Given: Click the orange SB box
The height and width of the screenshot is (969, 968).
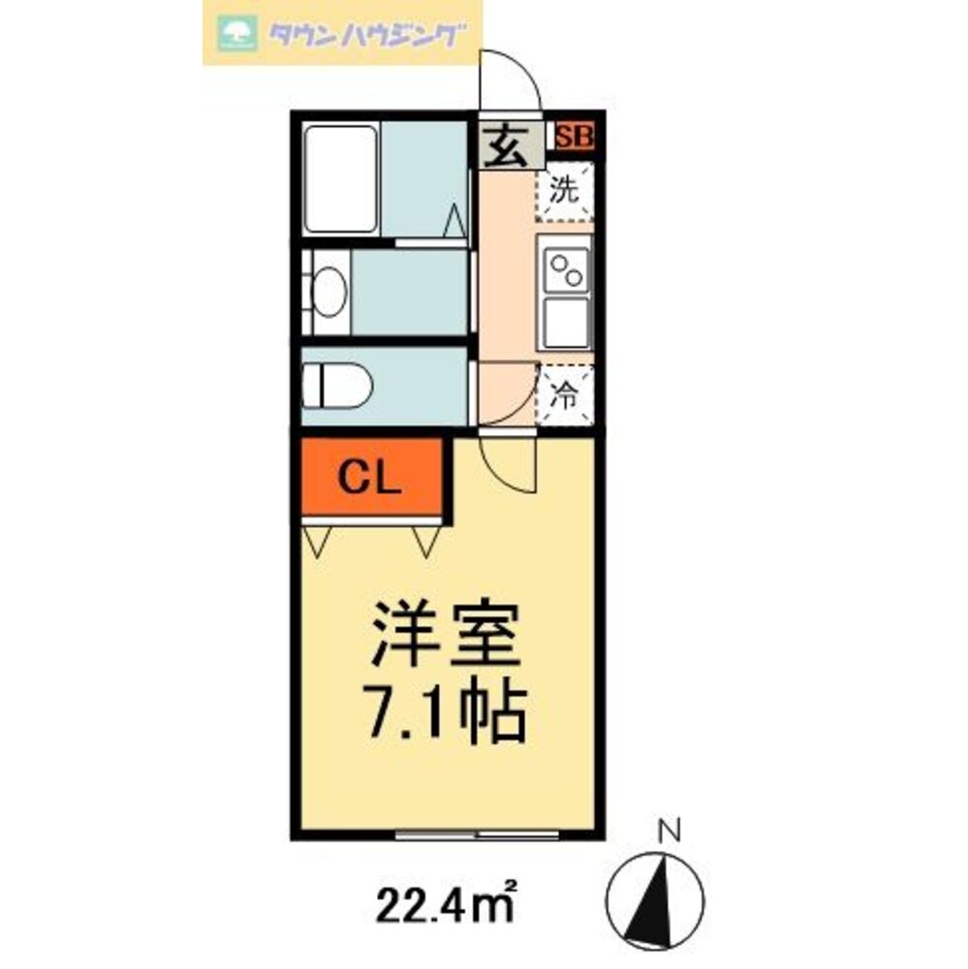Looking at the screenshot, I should coord(575,137).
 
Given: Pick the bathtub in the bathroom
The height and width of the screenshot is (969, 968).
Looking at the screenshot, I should coord(340,178).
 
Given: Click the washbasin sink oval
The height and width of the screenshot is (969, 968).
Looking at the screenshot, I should coord(328,292).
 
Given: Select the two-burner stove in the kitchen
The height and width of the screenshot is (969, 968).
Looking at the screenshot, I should coord(564,268).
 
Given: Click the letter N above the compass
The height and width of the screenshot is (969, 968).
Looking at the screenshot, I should coord(668,829).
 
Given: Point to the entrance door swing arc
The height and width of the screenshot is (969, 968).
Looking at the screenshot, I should coord(512,80).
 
